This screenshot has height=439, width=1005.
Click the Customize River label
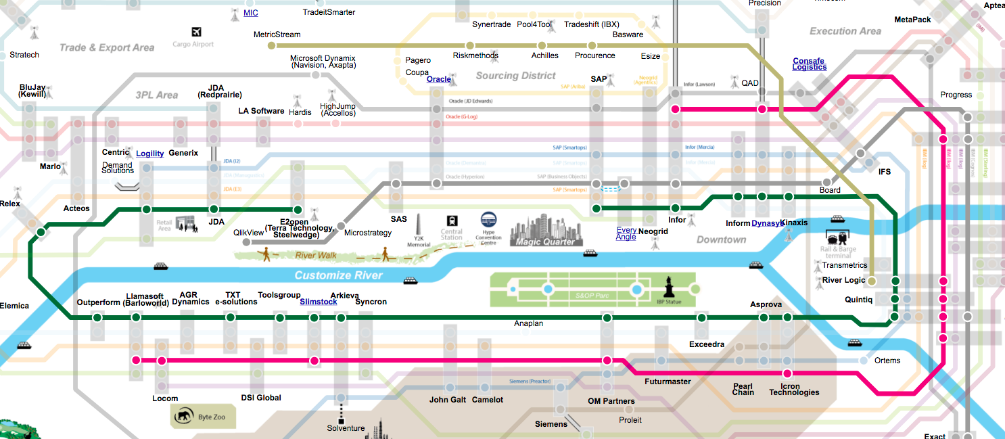tap(338, 275)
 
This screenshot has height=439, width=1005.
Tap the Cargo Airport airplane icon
tap(197, 32)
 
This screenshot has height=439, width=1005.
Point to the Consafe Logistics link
tap(810, 64)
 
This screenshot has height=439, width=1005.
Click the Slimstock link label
tap(318, 302)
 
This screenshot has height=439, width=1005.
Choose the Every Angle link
tap(626, 233)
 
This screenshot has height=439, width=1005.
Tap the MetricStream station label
tap(277, 34)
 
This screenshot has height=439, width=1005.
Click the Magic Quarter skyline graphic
tap(544, 230)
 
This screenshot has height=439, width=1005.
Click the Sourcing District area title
tap(515, 76)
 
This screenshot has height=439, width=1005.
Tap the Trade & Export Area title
tap(107, 47)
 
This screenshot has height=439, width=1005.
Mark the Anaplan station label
tap(528, 323)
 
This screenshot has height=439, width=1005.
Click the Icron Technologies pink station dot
tap(787, 373)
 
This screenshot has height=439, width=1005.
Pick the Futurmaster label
tap(668, 382)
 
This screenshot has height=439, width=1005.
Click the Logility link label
tap(149, 154)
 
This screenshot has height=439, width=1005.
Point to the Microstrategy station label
tap(368, 233)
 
